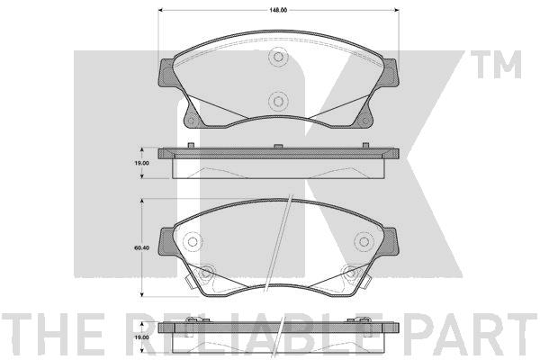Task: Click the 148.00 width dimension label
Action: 278,10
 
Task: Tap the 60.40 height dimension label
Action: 141,247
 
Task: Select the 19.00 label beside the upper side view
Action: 141,163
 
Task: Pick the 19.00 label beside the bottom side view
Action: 141,337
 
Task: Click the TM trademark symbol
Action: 496,65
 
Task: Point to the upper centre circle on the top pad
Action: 278,57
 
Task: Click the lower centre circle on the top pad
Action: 278,101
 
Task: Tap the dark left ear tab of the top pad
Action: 167,73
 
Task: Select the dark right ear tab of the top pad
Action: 389,72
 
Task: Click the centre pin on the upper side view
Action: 278,146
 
